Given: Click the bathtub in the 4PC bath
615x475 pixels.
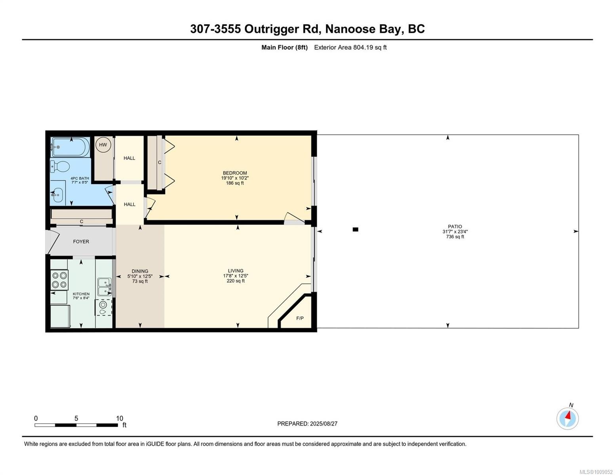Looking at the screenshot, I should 70,147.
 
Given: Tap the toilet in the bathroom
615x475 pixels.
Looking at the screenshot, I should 60,166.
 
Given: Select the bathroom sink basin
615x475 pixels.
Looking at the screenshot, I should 58,195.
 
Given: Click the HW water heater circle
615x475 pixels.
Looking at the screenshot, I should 103,145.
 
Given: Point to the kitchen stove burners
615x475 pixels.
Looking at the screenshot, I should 59,280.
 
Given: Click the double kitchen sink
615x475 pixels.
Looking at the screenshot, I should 105,287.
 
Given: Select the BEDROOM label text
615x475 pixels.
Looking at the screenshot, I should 235,173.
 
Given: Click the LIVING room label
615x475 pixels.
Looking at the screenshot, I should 236,271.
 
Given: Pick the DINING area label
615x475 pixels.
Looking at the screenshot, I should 140,271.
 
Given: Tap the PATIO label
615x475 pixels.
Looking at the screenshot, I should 455,226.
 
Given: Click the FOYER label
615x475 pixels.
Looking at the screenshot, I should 81,241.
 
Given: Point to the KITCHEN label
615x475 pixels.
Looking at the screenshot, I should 81,294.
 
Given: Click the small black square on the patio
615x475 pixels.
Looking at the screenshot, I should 355,230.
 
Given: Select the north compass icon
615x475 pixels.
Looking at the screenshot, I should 567,418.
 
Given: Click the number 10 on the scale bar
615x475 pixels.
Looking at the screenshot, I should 120,418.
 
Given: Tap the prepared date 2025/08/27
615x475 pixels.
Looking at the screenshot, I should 324,424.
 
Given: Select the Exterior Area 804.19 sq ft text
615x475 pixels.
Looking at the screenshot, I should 350,47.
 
